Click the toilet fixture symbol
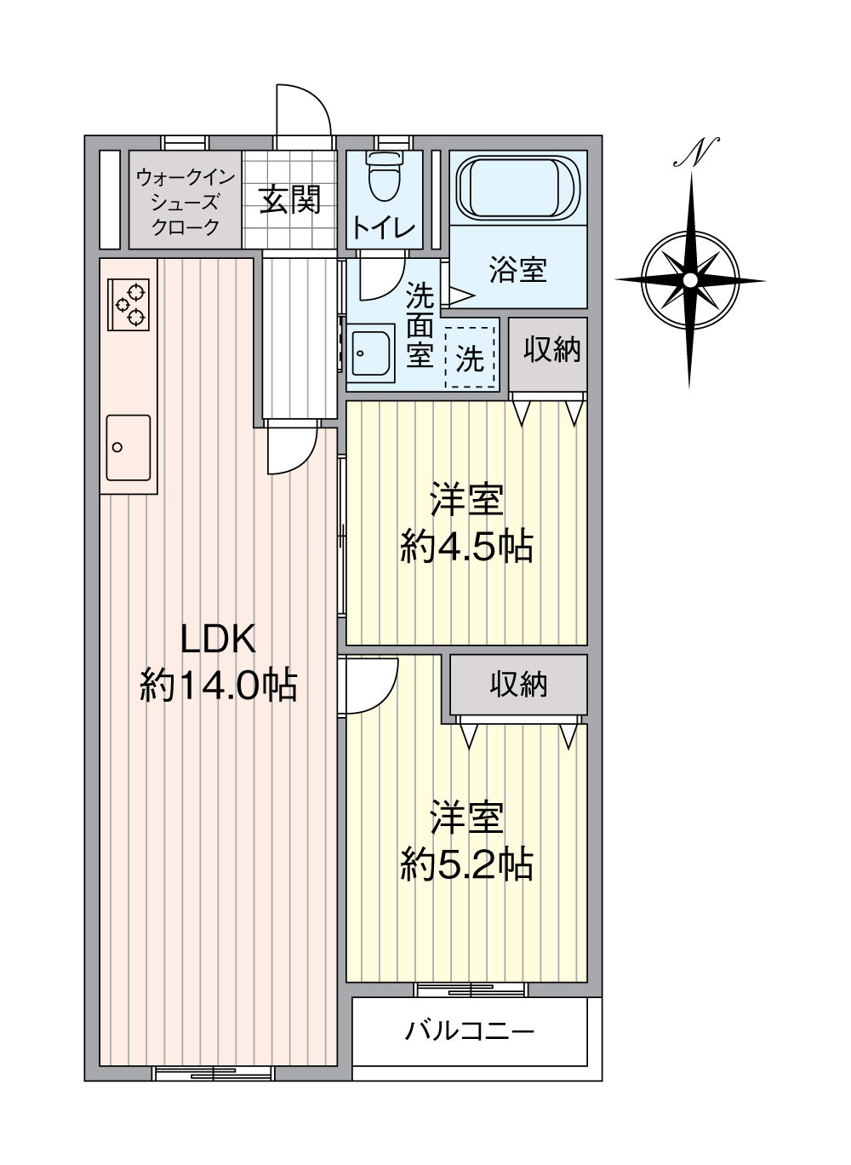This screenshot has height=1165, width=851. click(384, 176)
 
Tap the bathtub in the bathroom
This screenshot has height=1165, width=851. click(517, 189)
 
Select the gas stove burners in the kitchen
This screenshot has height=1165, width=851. click(129, 304)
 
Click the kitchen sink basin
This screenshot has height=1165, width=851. click(129, 447)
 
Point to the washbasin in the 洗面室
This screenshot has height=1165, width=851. click(371, 351)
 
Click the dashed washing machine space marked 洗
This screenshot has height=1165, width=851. click(470, 358)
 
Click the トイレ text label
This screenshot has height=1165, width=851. click(384, 228)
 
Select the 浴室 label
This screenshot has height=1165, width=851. click(517, 271)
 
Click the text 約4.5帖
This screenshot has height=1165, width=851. click(466, 546)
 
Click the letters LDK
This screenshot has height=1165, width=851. click(218, 640)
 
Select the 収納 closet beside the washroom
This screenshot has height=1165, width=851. click(548, 354)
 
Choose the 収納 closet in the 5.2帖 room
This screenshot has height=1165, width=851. click(518, 685)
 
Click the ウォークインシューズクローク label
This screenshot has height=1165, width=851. click(185, 201)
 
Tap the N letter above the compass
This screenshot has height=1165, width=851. click(697, 152)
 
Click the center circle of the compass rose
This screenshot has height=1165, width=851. click(690, 280)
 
